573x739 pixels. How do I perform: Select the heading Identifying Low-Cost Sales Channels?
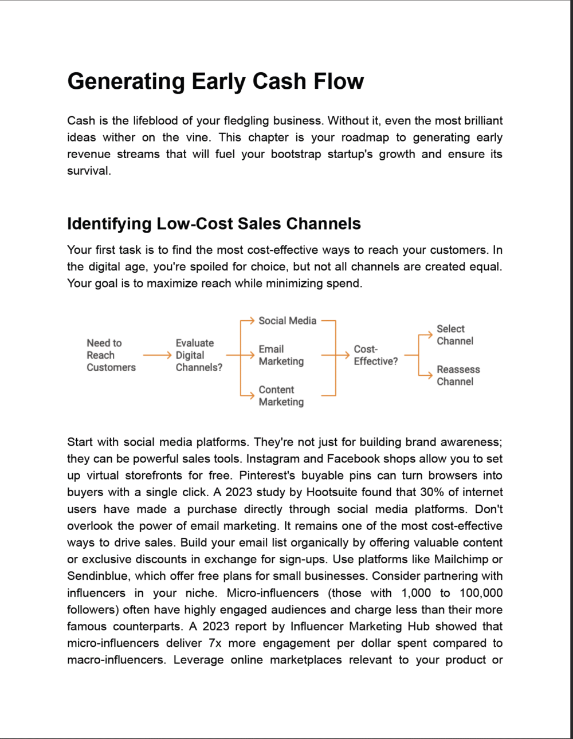[214, 223]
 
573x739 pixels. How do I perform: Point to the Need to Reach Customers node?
[111, 355]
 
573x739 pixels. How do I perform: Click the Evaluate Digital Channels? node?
[198, 355]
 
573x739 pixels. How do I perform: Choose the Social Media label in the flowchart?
[287, 321]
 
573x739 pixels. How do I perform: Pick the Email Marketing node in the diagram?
[281, 355]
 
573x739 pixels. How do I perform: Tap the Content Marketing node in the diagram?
[281, 396]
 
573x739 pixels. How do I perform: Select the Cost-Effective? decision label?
[375, 355]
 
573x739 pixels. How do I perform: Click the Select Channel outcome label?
[455, 335]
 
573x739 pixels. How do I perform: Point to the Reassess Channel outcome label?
[458, 376]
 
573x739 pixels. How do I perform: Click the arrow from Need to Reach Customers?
[156, 355]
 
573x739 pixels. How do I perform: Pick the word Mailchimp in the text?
[461, 559]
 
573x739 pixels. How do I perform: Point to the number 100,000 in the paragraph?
[481, 593]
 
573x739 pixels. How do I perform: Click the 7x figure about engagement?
[215, 643]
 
